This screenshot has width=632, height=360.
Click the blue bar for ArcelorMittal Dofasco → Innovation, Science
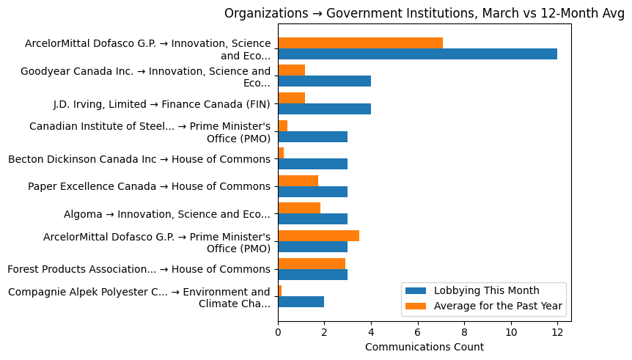(x=417, y=54)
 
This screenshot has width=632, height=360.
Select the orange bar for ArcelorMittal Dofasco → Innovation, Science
(x=360, y=43)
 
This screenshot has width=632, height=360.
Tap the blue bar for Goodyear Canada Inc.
(x=324, y=81)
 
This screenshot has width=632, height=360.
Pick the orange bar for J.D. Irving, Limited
(x=291, y=98)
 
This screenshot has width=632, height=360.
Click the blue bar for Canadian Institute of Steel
(x=312, y=137)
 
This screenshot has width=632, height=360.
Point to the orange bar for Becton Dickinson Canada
(x=281, y=153)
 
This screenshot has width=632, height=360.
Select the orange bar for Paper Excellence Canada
(x=298, y=180)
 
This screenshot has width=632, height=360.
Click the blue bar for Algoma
(x=312, y=219)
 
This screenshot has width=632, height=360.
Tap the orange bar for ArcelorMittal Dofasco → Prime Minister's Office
(x=318, y=235)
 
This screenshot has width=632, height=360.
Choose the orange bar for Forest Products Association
(x=312, y=263)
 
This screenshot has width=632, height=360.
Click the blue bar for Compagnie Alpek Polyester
(x=301, y=302)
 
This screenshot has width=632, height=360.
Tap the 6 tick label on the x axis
(x=417, y=332)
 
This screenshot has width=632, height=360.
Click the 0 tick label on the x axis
(x=278, y=332)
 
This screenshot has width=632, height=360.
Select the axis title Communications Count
(x=424, y=347)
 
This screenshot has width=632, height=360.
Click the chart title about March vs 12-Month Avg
(x=424, y=13)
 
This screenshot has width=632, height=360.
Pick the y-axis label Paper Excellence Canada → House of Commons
(x=149, y=186)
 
